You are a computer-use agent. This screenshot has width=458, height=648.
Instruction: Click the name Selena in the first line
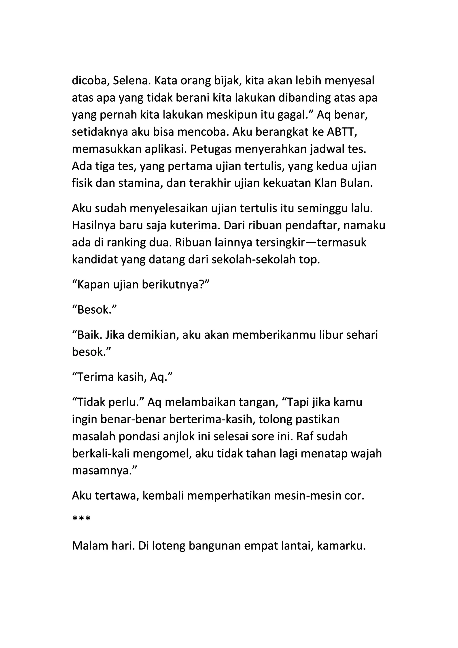click(129, 81)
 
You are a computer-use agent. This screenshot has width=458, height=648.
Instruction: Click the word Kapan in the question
click(93, 285)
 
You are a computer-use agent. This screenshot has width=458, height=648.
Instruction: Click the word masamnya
click(104, 470)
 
